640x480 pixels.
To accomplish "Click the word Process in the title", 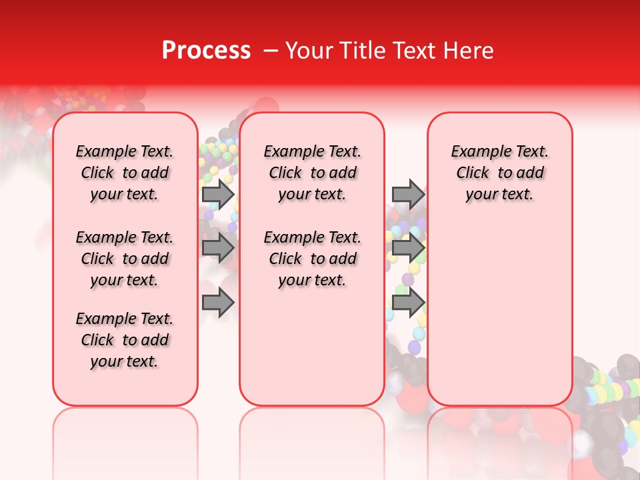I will point(206,51).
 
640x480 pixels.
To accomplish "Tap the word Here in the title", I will point(470,51).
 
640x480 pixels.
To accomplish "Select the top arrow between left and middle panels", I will point(218,194).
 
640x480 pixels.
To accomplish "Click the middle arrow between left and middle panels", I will point(218,248).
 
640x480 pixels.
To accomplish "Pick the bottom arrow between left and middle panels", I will point(218,303).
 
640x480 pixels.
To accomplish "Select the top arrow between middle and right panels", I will point(408,194).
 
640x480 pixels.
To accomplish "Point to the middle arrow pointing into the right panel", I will point(408,248).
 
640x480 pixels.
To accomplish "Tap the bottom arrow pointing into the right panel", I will point(408,303).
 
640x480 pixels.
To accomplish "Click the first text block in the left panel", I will point(125,173).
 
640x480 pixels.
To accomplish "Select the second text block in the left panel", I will point(125,259).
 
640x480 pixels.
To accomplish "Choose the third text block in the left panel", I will point(125,340).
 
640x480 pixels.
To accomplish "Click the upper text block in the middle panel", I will point(312,173).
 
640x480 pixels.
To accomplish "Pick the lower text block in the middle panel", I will point(312,259).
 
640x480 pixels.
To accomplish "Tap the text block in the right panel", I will point(499,173).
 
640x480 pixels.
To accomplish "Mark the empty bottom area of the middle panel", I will point(312,353).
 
